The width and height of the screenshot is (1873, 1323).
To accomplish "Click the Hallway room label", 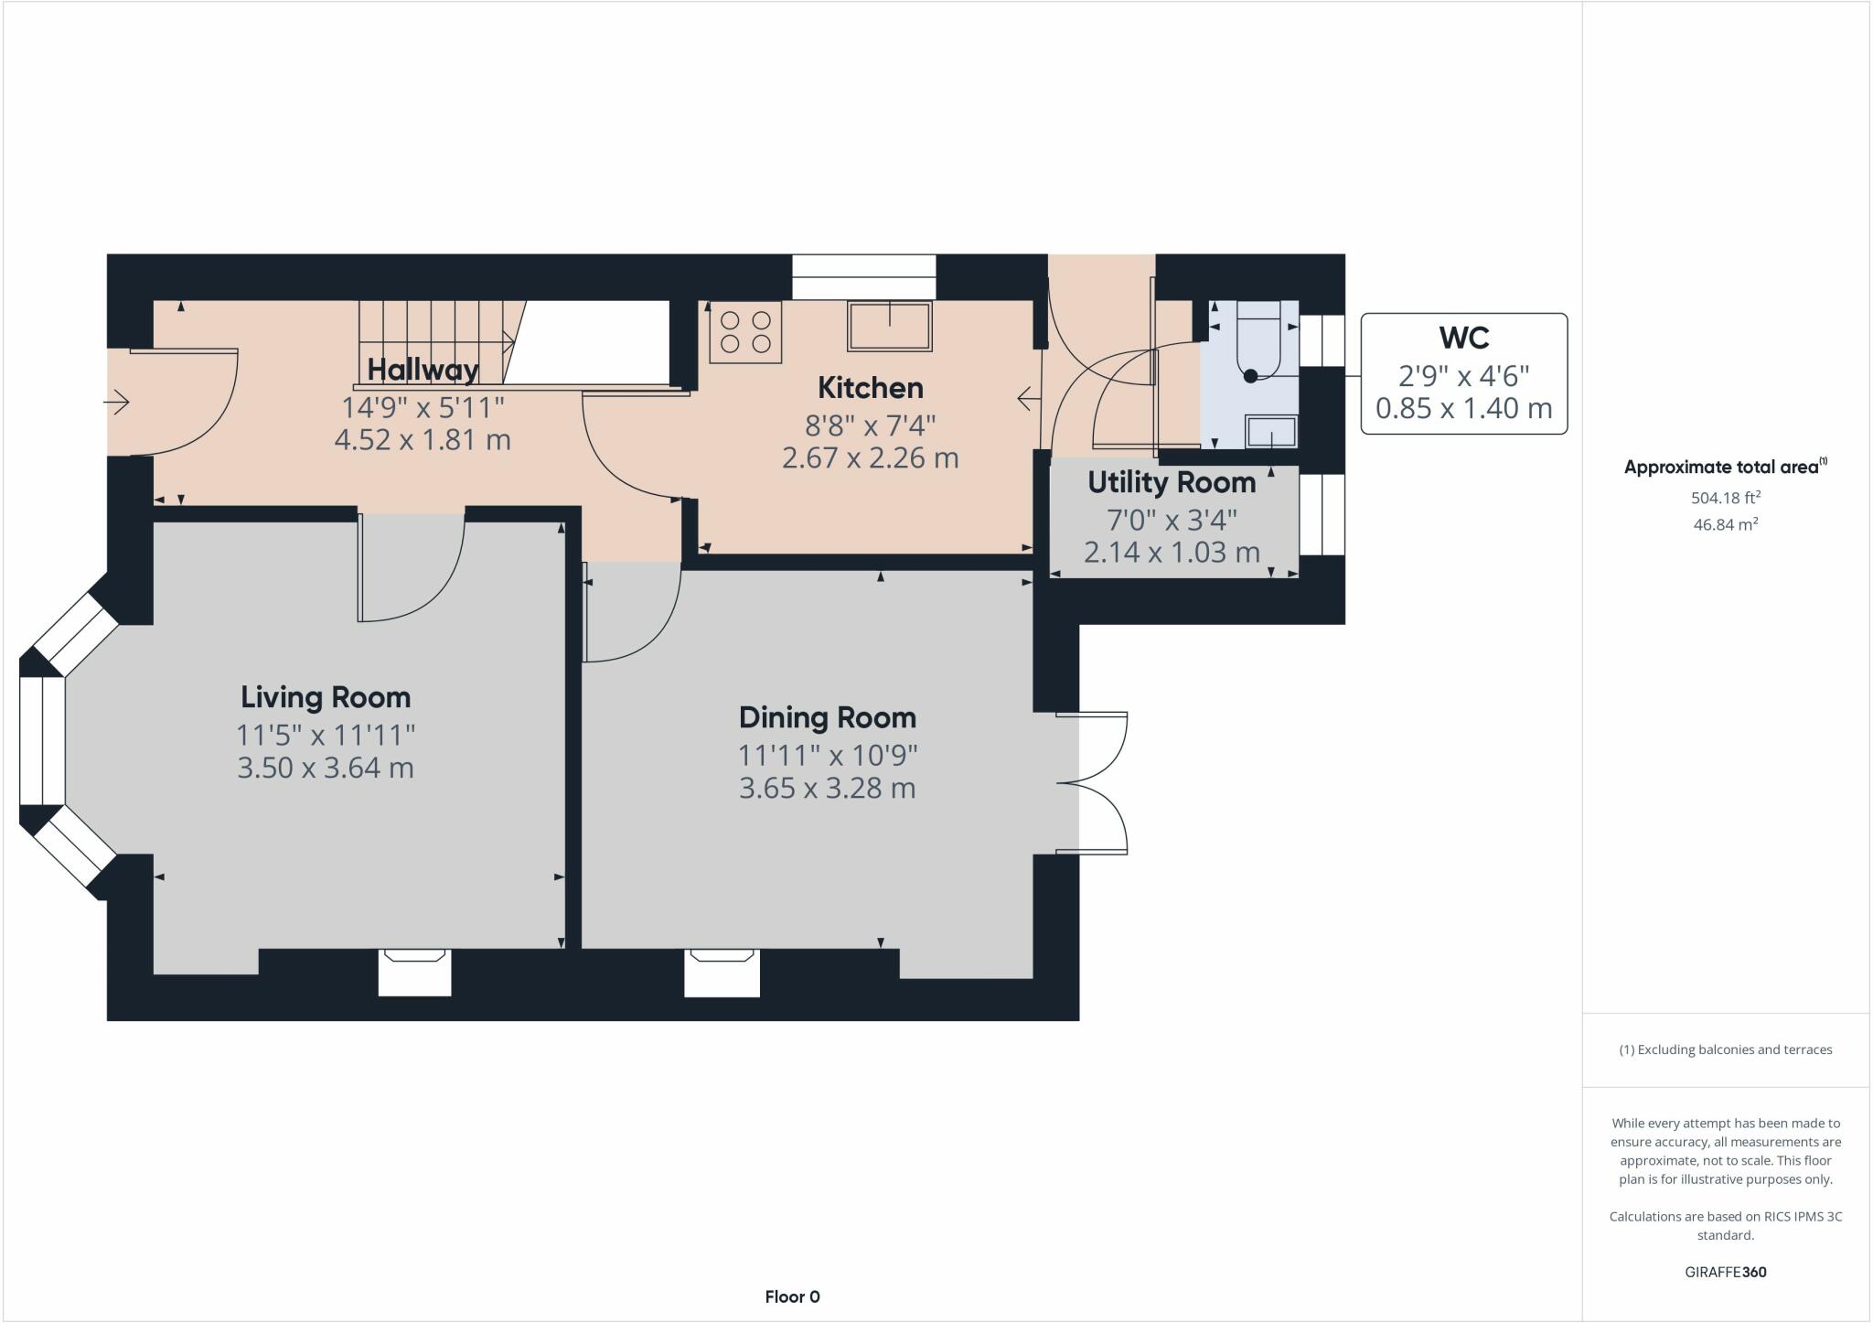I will tap(423, 370).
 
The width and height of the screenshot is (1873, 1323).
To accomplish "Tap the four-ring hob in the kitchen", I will tap(745, 332).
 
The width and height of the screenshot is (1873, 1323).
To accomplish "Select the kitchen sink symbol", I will tap(890, 327).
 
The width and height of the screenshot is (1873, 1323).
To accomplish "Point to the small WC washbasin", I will tap(1271, 431).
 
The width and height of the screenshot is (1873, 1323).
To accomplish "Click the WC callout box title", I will tap(1463, 338).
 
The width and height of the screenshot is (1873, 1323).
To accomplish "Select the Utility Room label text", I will tap(1172, 482).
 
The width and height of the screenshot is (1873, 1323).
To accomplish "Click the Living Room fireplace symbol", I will tap(415, 973).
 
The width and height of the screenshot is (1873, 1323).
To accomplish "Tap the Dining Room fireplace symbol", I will tap(722, 973).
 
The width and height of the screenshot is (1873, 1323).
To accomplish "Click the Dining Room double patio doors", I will tap(1097, 783).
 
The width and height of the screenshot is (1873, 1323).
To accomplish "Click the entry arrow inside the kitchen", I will tap(1029, 399).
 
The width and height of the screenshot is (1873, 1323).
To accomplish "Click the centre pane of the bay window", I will tap(42, 741).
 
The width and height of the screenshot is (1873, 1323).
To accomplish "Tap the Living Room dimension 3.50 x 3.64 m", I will tap(326, 767).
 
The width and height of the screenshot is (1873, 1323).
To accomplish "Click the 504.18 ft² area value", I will tap(1725, 498).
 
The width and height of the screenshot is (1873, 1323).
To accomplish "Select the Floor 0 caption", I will tap(792, 1296).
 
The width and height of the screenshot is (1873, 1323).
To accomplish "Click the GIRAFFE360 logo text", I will tap(1725, 1272).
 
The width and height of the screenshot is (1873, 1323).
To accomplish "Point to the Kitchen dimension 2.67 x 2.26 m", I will tap(870, 457).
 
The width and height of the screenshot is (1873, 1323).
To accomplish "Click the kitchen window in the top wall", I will tap(863, 276).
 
